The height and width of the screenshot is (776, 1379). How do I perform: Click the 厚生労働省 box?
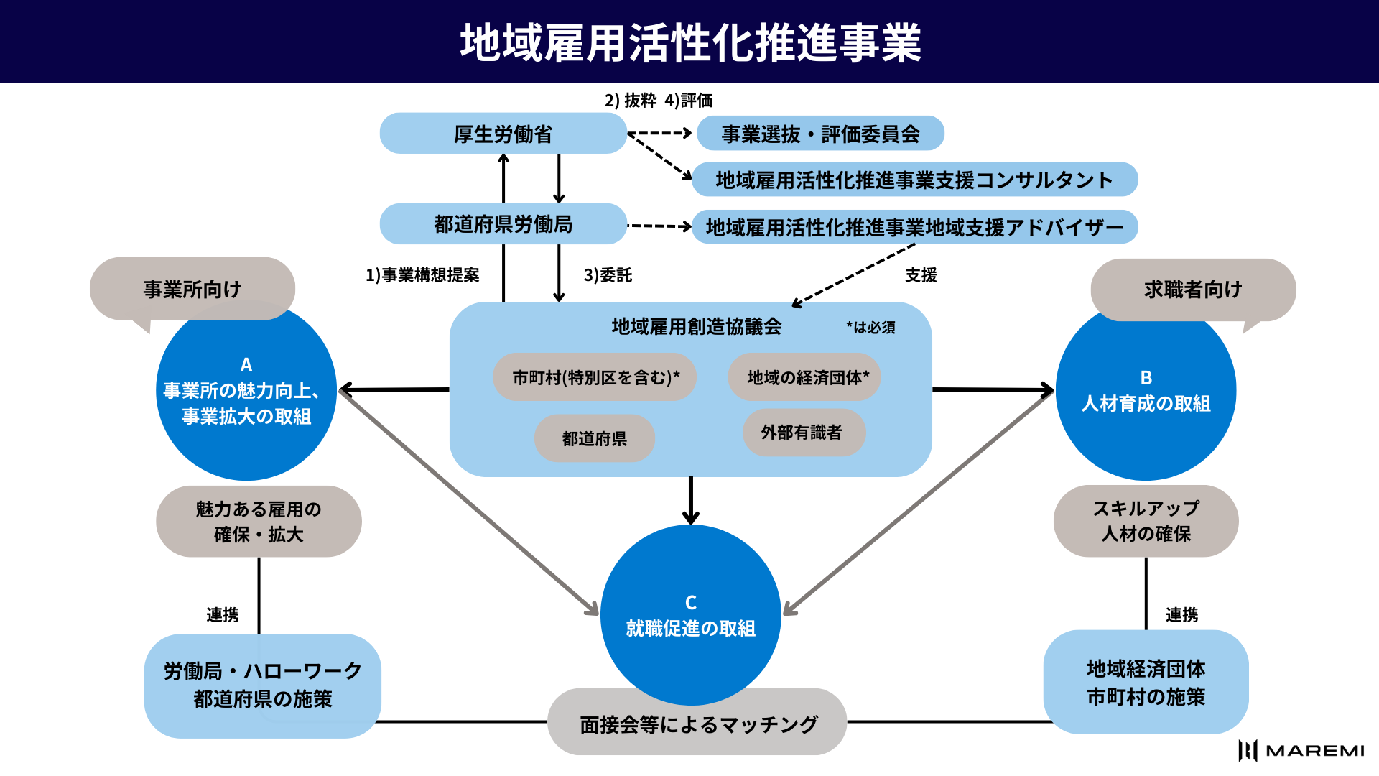pos(503,134)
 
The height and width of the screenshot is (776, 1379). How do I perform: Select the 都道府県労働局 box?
pos(503,224)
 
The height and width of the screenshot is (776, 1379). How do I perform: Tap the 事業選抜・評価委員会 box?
pos(820,134)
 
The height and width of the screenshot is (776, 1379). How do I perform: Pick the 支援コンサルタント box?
pos(914,180)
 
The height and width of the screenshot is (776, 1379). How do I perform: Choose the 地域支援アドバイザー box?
pos(914,227)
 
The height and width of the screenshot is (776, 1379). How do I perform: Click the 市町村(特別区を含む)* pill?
pos(595,377)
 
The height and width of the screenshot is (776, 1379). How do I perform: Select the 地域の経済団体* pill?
pos(804,377)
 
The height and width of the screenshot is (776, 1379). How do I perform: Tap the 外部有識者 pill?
pos(803,433)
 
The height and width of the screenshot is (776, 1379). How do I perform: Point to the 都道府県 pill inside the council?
pos(595,438)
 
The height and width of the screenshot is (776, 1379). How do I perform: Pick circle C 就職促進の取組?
pos(690,615)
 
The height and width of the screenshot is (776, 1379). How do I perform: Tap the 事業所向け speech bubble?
pos(192,289)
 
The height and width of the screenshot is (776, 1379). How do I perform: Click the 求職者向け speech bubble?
pos(1193,289)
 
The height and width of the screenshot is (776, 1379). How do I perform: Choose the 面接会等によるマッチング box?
pos(697,724)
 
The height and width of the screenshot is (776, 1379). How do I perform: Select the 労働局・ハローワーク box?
pos(263,685)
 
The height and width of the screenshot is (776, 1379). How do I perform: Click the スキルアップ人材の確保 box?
pos(1146,521)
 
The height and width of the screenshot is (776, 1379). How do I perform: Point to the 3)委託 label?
pos(608,275)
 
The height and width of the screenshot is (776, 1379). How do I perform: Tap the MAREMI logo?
pos(1301,751)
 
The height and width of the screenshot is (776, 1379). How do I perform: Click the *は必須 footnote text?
pos(870,328)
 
